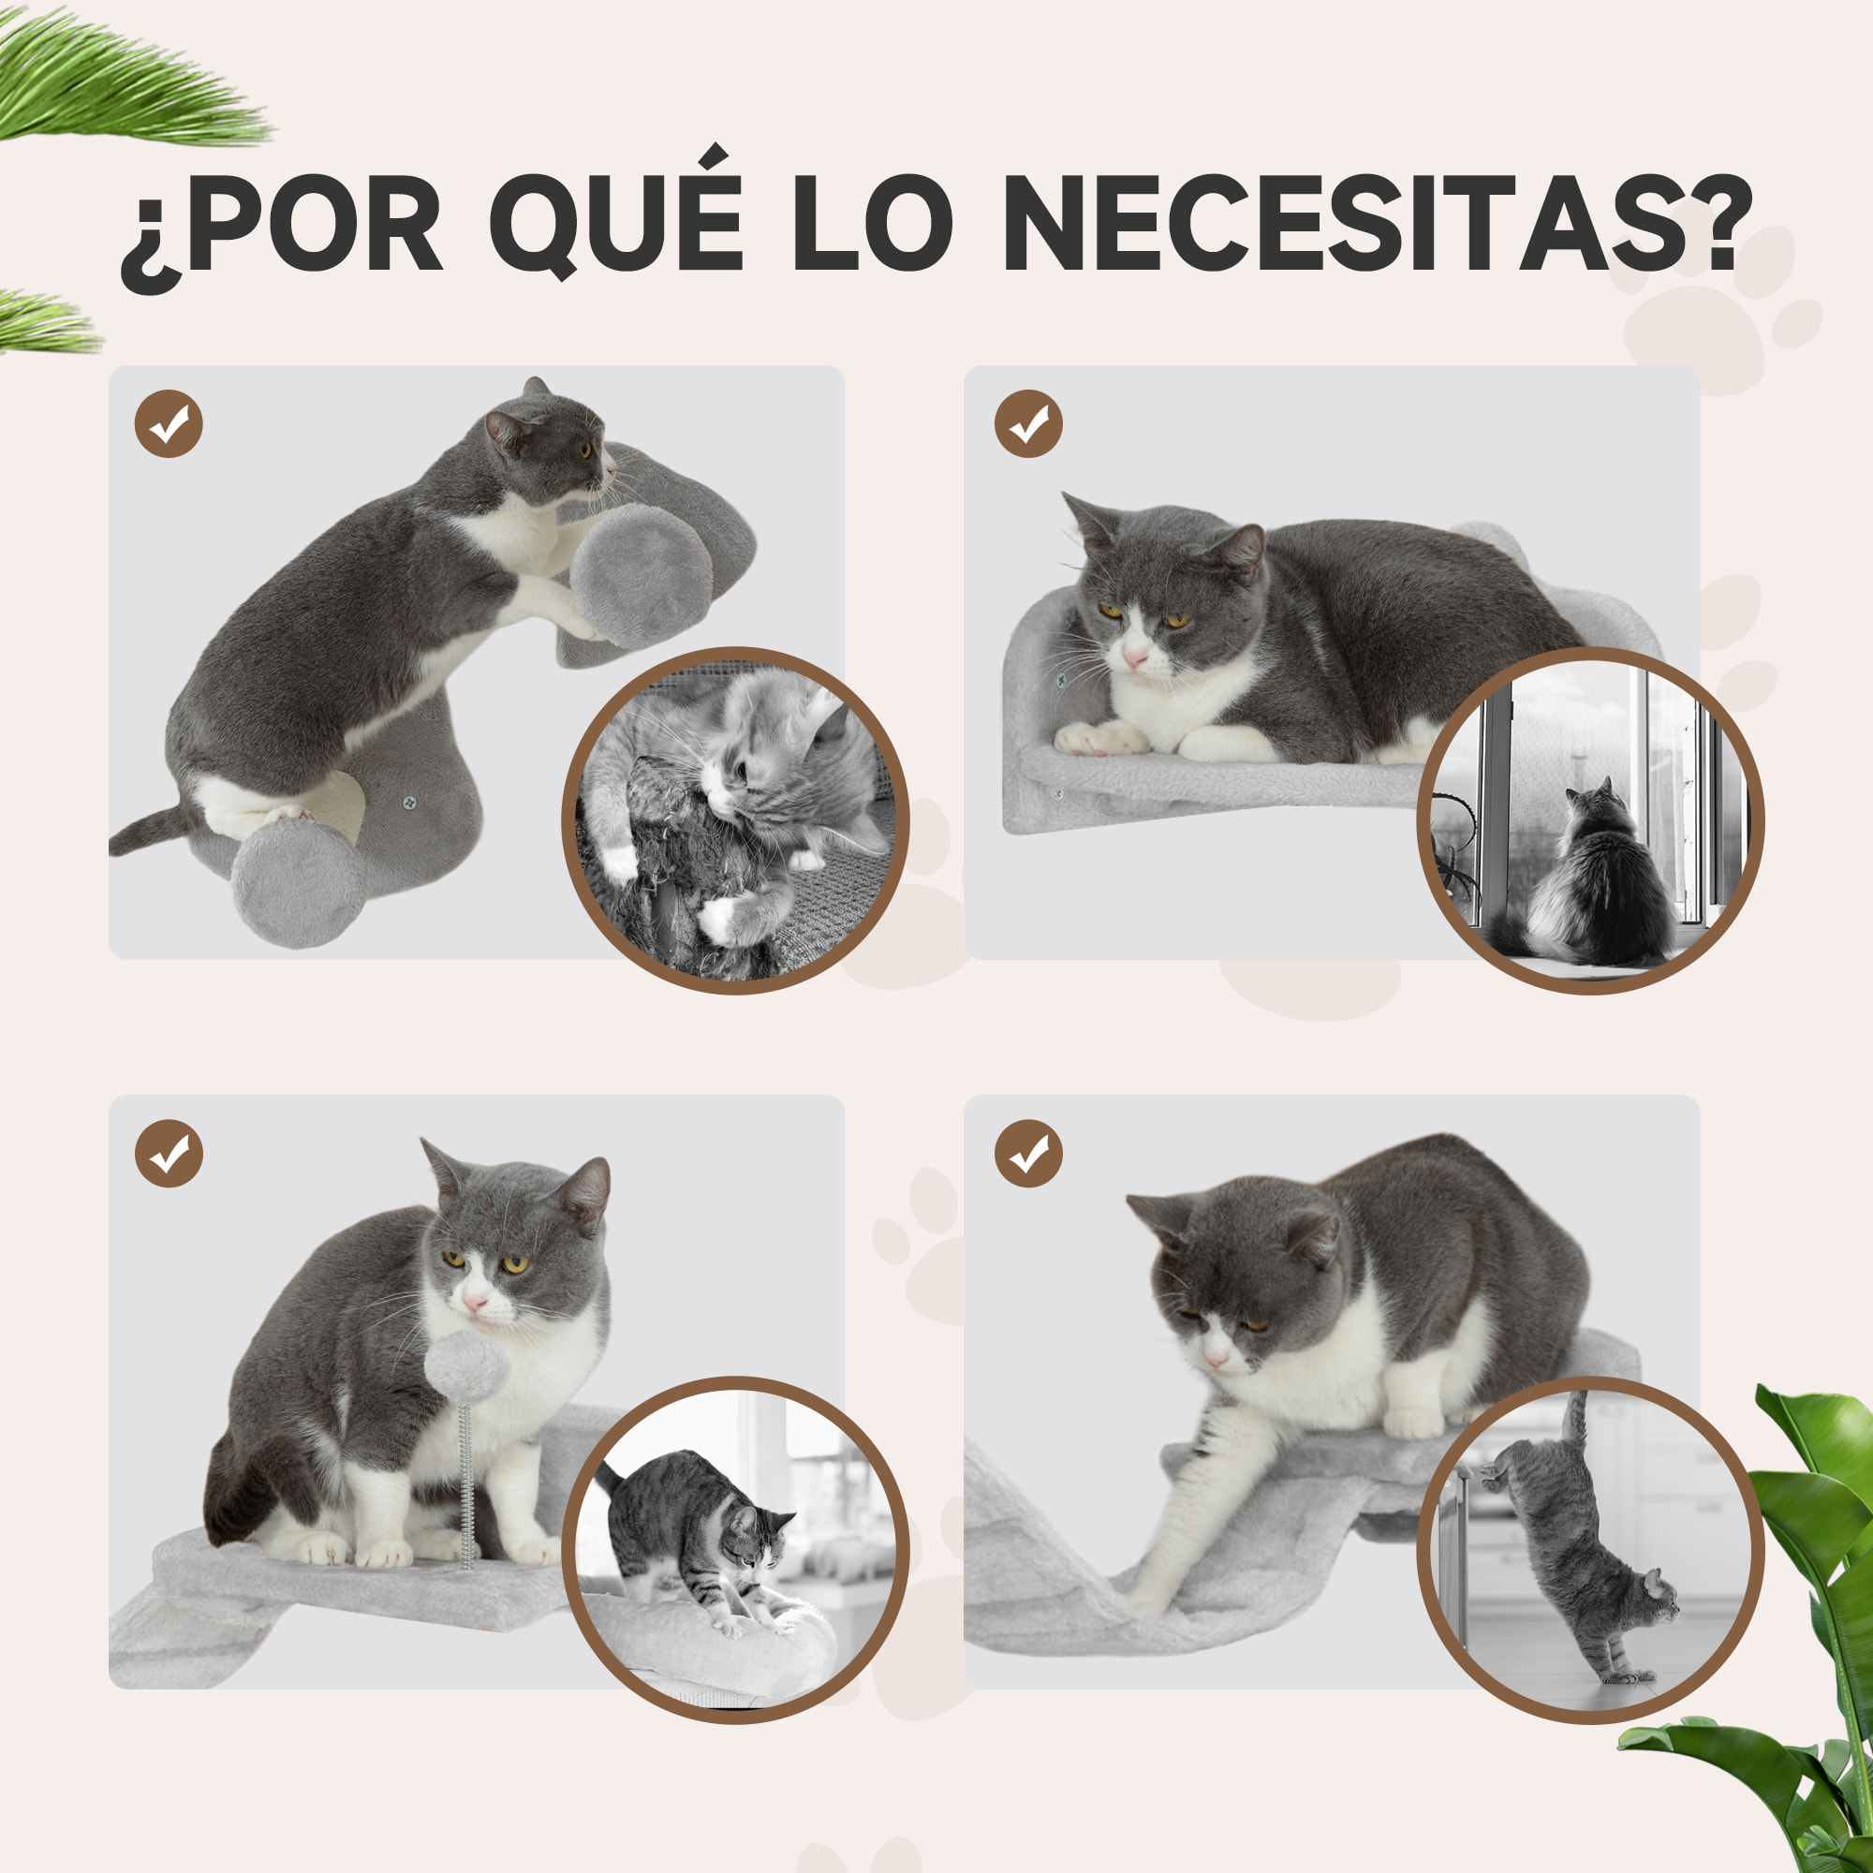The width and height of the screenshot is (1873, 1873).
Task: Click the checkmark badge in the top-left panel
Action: click(169, 423)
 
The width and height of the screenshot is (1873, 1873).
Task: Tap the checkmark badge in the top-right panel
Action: click(1028, 423)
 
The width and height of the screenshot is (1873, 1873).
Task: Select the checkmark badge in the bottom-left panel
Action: click(169, 1154)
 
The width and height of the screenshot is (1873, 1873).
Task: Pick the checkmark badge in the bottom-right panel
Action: click(1028, 1154)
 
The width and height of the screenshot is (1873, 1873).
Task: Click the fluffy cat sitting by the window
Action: click(1600, 878)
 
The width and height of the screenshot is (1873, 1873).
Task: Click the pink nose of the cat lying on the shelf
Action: click(1135, 660)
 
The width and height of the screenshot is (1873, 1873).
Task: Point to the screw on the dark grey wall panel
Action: click(409, 803)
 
